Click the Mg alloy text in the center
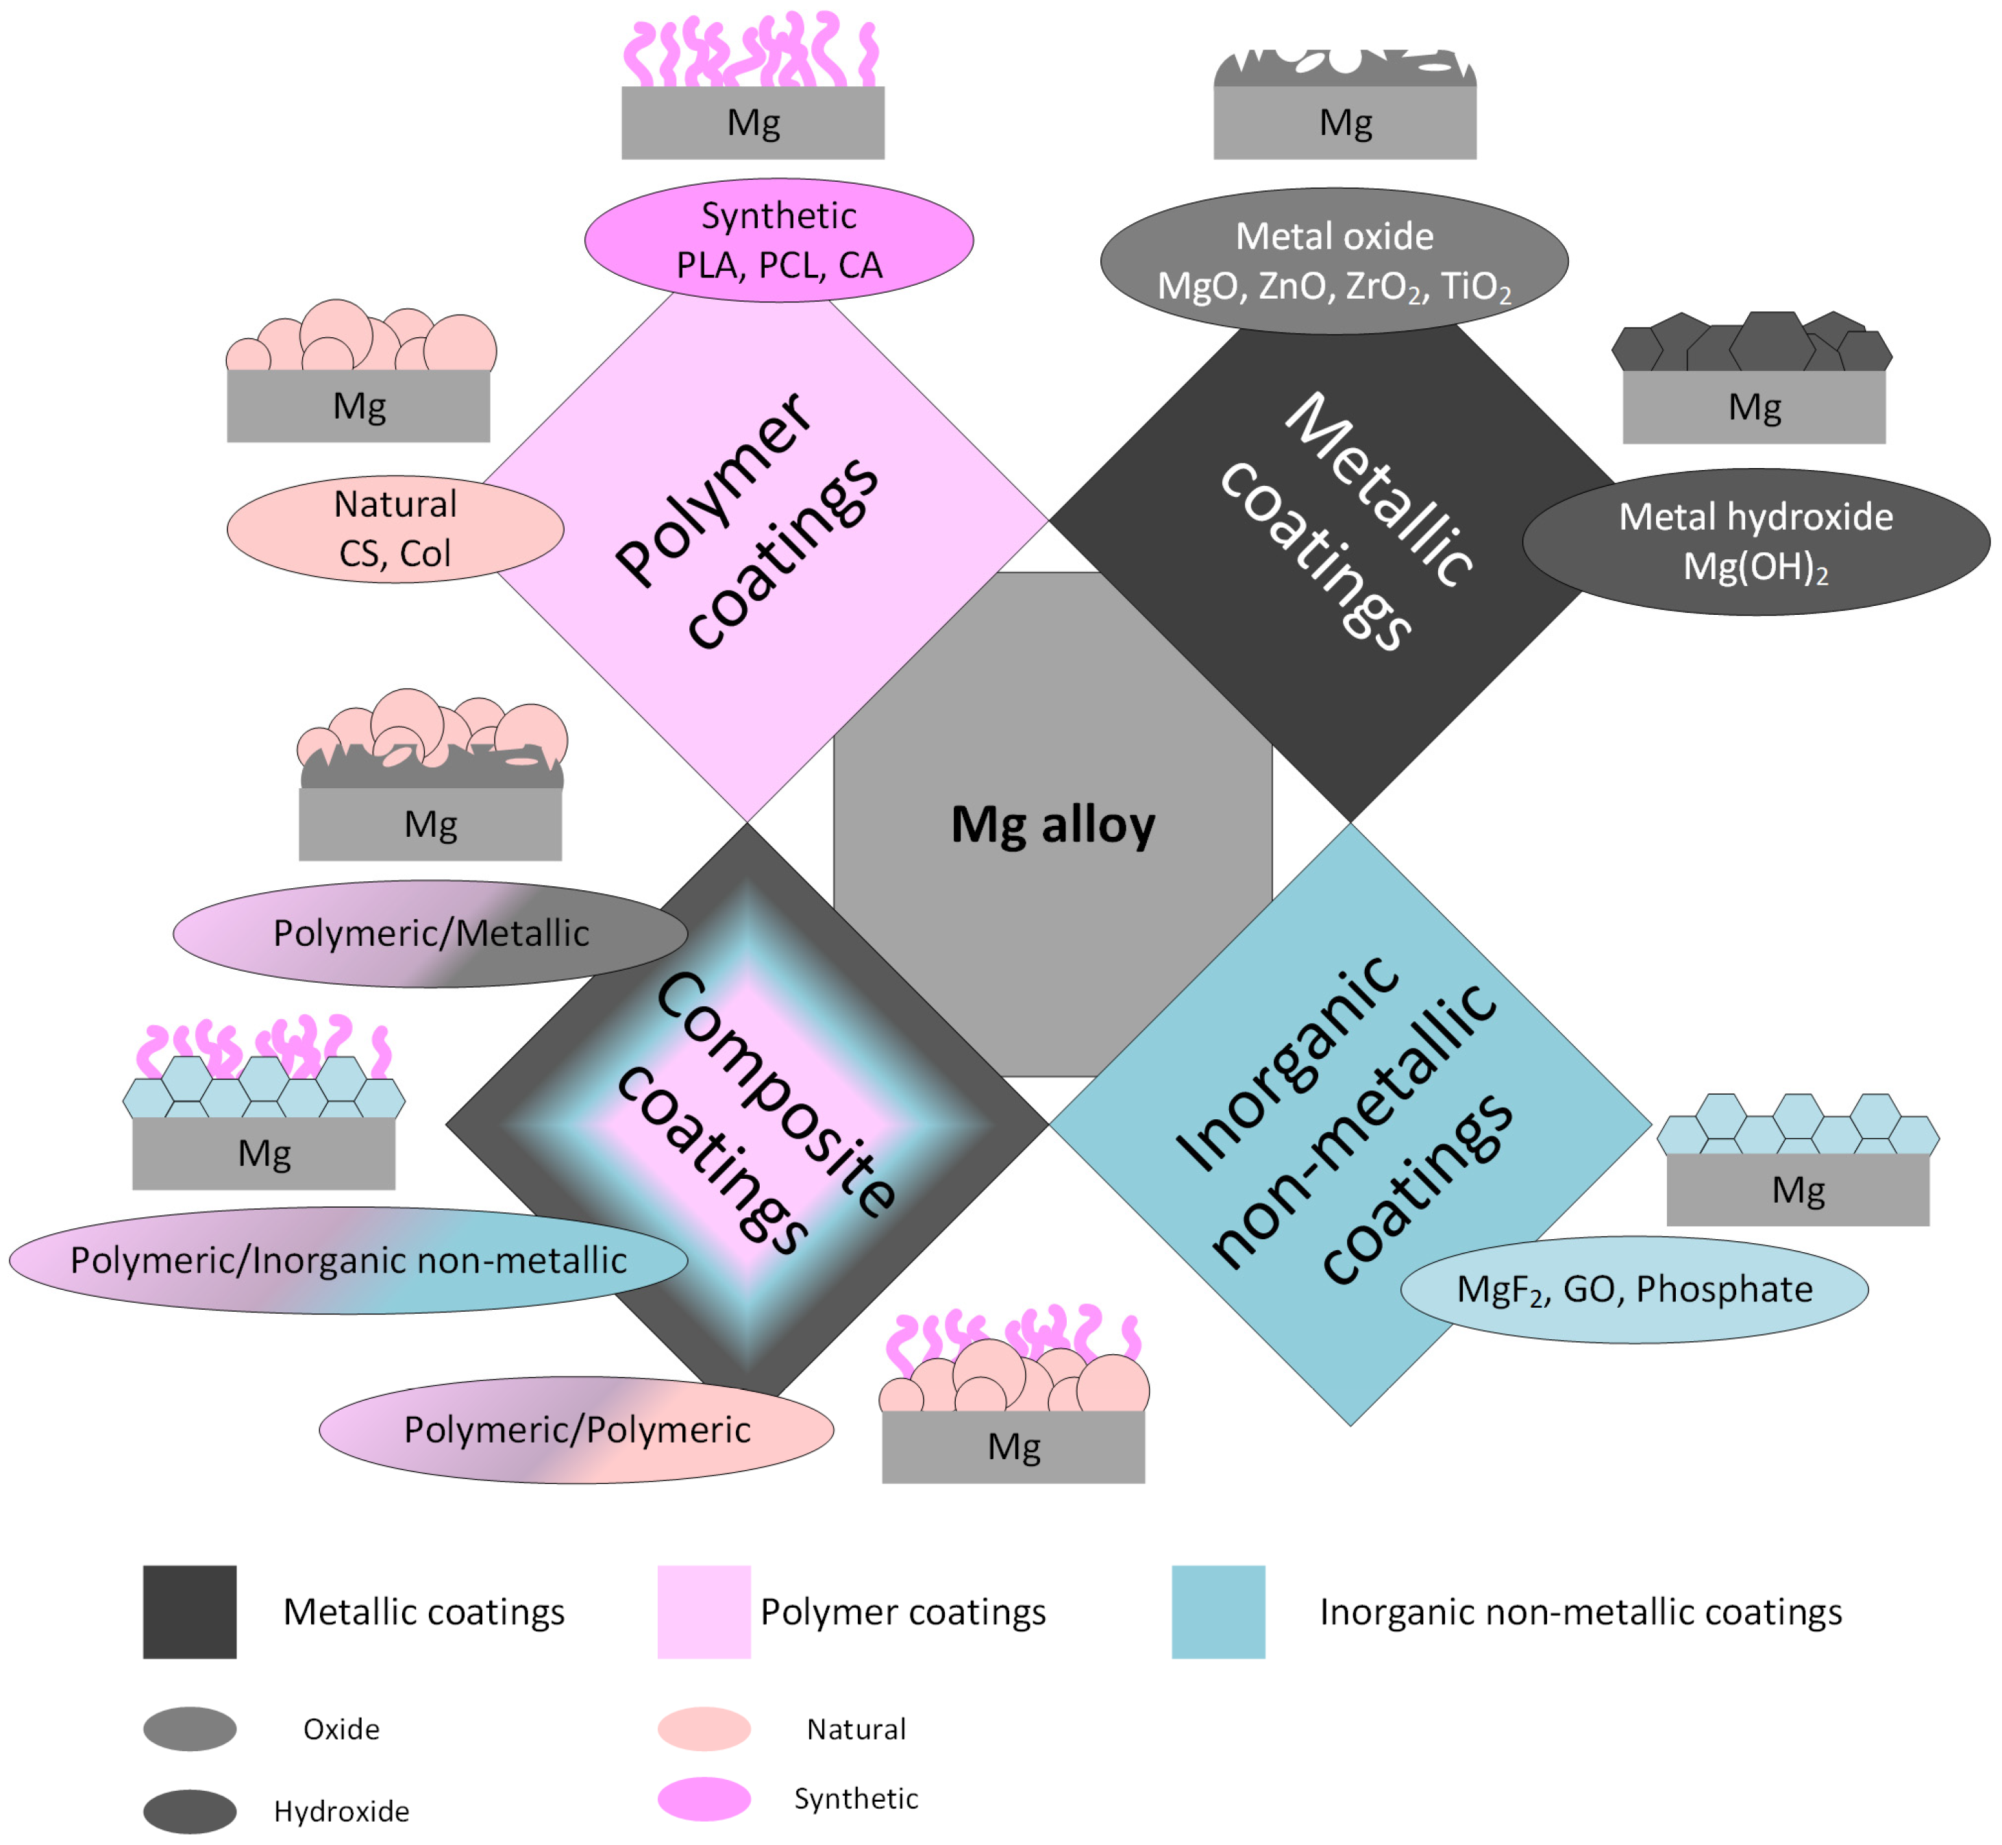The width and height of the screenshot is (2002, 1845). (1053, 824)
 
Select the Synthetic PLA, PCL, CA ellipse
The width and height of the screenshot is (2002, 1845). (778, 241)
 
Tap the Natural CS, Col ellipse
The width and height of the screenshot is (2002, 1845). (395, 528)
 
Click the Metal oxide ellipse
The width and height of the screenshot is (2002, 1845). (1335, 260)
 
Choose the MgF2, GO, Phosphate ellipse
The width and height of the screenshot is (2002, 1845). (1634, 1289)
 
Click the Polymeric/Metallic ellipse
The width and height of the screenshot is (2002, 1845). (430, 933)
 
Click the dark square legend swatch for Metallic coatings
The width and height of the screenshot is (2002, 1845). (190, 1611)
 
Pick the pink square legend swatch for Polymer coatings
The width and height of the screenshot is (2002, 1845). (704, 1611)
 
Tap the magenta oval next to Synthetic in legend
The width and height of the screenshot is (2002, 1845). (704, 1799)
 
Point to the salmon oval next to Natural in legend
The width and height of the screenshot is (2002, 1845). (704, 1729)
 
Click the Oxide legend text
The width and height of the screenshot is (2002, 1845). (341, 1729)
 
